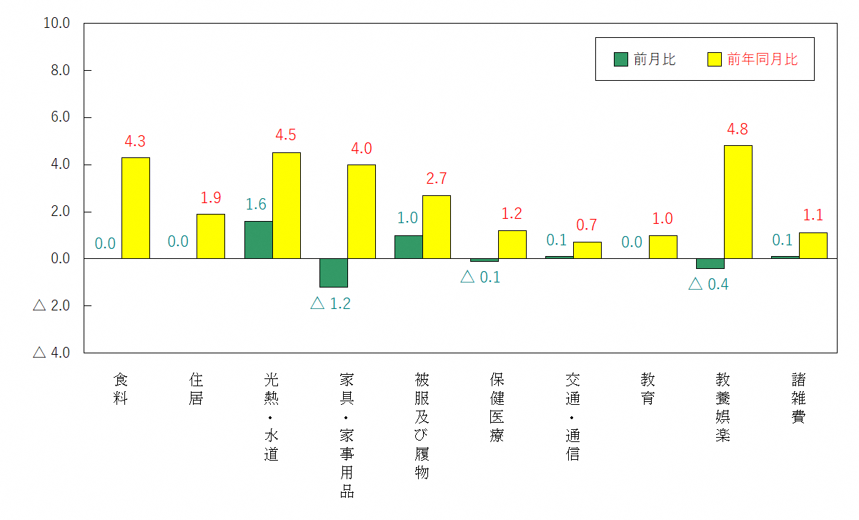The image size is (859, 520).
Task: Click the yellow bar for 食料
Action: point(135,207)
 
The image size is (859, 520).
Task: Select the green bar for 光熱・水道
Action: point(258,240)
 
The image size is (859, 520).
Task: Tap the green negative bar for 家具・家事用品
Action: point(333,273)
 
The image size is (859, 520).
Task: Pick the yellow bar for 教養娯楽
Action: point(738,202)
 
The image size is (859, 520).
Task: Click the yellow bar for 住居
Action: point(211,236)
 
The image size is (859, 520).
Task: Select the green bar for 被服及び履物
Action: point(408,247)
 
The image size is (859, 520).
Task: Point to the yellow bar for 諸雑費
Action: point(813,245)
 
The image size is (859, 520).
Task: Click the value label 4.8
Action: point(738,130)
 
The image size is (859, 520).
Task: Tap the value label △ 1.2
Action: point(331,303)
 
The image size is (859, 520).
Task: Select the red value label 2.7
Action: point(436,179)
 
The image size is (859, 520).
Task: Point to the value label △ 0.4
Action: point(708,285)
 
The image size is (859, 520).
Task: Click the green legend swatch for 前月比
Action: point(621,59)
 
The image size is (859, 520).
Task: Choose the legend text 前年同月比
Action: point(762,59)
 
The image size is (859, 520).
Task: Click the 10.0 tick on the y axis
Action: point(56,23)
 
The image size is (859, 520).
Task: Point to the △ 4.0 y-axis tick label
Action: point(51,353)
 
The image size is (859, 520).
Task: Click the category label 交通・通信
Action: point(572,416)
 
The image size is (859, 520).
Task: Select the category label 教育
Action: point(648,388)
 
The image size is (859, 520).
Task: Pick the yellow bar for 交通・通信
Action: point(587,250)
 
